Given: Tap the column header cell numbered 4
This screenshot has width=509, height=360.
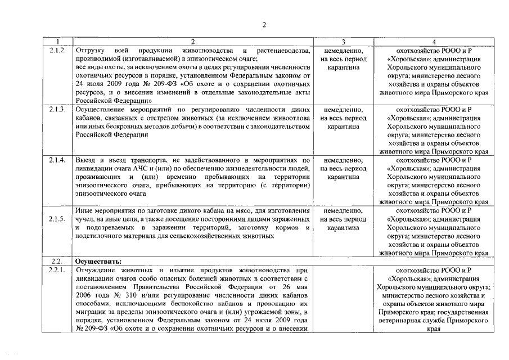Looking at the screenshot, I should pyautogui.click(x=434, y=42).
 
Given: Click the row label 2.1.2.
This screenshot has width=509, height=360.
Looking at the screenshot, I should pyautogui.click(x=57, y=51).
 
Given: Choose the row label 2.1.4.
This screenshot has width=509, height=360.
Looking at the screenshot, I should pyautogui.click(x=57, y=160).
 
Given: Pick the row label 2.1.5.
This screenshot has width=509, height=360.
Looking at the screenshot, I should pyautogui.click(x=57, y=219).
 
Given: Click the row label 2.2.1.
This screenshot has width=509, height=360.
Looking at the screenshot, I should pyautogui.click(x=57, y=271).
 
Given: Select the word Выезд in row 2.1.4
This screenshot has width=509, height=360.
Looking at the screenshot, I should pyautogui.click(x=86, y=160).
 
